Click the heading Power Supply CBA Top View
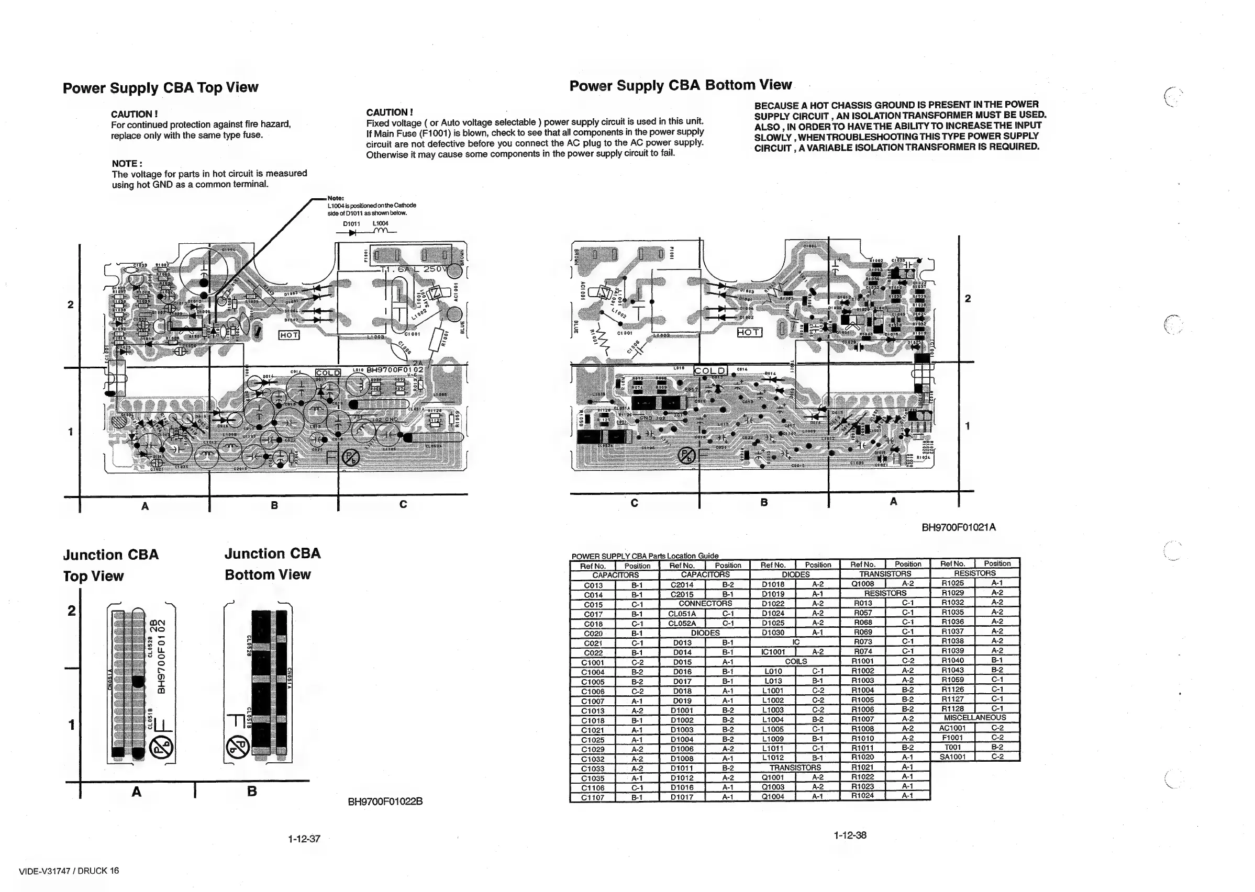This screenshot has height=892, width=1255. point(160,88)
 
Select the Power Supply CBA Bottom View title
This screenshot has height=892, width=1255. point(680,85)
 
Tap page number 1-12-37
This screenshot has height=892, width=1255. point(304,839)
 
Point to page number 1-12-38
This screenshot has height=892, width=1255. point(849,835)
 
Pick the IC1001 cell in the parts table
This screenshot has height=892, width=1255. point(773,651)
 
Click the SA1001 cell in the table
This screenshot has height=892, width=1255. point(952,756)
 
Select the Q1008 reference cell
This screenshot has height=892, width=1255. point(862,583)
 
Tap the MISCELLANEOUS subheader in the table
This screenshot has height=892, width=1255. point(975,717)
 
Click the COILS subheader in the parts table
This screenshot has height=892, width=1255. point(795,661)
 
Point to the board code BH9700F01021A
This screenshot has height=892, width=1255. point(958,527)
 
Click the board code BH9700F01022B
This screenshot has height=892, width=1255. point(385,801)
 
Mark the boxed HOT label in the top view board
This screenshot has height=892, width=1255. point(289,335)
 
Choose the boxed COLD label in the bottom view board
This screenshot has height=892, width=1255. point(710,371)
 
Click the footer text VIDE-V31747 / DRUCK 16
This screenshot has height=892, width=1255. point(69,871)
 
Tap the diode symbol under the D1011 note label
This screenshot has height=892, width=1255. point(351,232)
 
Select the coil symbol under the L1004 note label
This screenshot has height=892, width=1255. point(381,231)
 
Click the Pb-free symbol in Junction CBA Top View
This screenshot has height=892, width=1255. point(163,748)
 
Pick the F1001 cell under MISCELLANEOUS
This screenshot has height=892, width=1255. point(952,737)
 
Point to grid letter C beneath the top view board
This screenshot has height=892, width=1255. point(403,504)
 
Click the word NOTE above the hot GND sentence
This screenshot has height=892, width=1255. point(126,164)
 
